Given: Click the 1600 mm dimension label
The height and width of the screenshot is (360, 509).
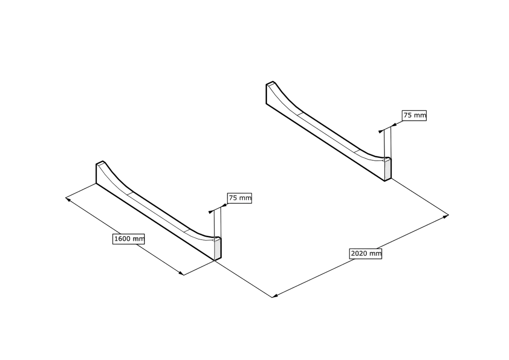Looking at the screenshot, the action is coord(129,239).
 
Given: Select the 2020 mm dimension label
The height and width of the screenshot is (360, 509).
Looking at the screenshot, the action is coord(365,253).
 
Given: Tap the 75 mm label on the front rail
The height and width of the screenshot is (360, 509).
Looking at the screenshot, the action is coord(240,198).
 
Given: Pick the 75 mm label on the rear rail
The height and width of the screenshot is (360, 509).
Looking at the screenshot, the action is coord(414,115).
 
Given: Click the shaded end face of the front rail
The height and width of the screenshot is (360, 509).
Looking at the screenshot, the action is coord(218,249).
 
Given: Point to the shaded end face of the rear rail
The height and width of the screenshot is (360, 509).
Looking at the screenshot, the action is coord(388,170).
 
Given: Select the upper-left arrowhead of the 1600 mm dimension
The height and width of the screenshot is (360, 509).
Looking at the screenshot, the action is coord(68,199).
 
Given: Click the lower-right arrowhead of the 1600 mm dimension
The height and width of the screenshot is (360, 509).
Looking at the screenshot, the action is coord(181,273).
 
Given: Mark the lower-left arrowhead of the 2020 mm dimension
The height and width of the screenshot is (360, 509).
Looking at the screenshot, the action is coord(275,296).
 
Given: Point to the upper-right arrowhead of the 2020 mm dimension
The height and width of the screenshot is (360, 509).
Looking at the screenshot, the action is coord(446,216).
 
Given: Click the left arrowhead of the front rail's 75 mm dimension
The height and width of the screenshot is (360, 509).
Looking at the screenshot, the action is coord(211,212).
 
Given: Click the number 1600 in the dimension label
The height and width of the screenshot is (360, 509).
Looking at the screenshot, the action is coord(122,239).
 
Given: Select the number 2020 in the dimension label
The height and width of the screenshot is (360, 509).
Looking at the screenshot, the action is coord(359,253).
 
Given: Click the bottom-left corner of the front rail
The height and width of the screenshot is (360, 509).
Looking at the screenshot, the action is coord(96,184).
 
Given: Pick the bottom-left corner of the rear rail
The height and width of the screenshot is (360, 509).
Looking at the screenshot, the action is coord(267,104).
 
